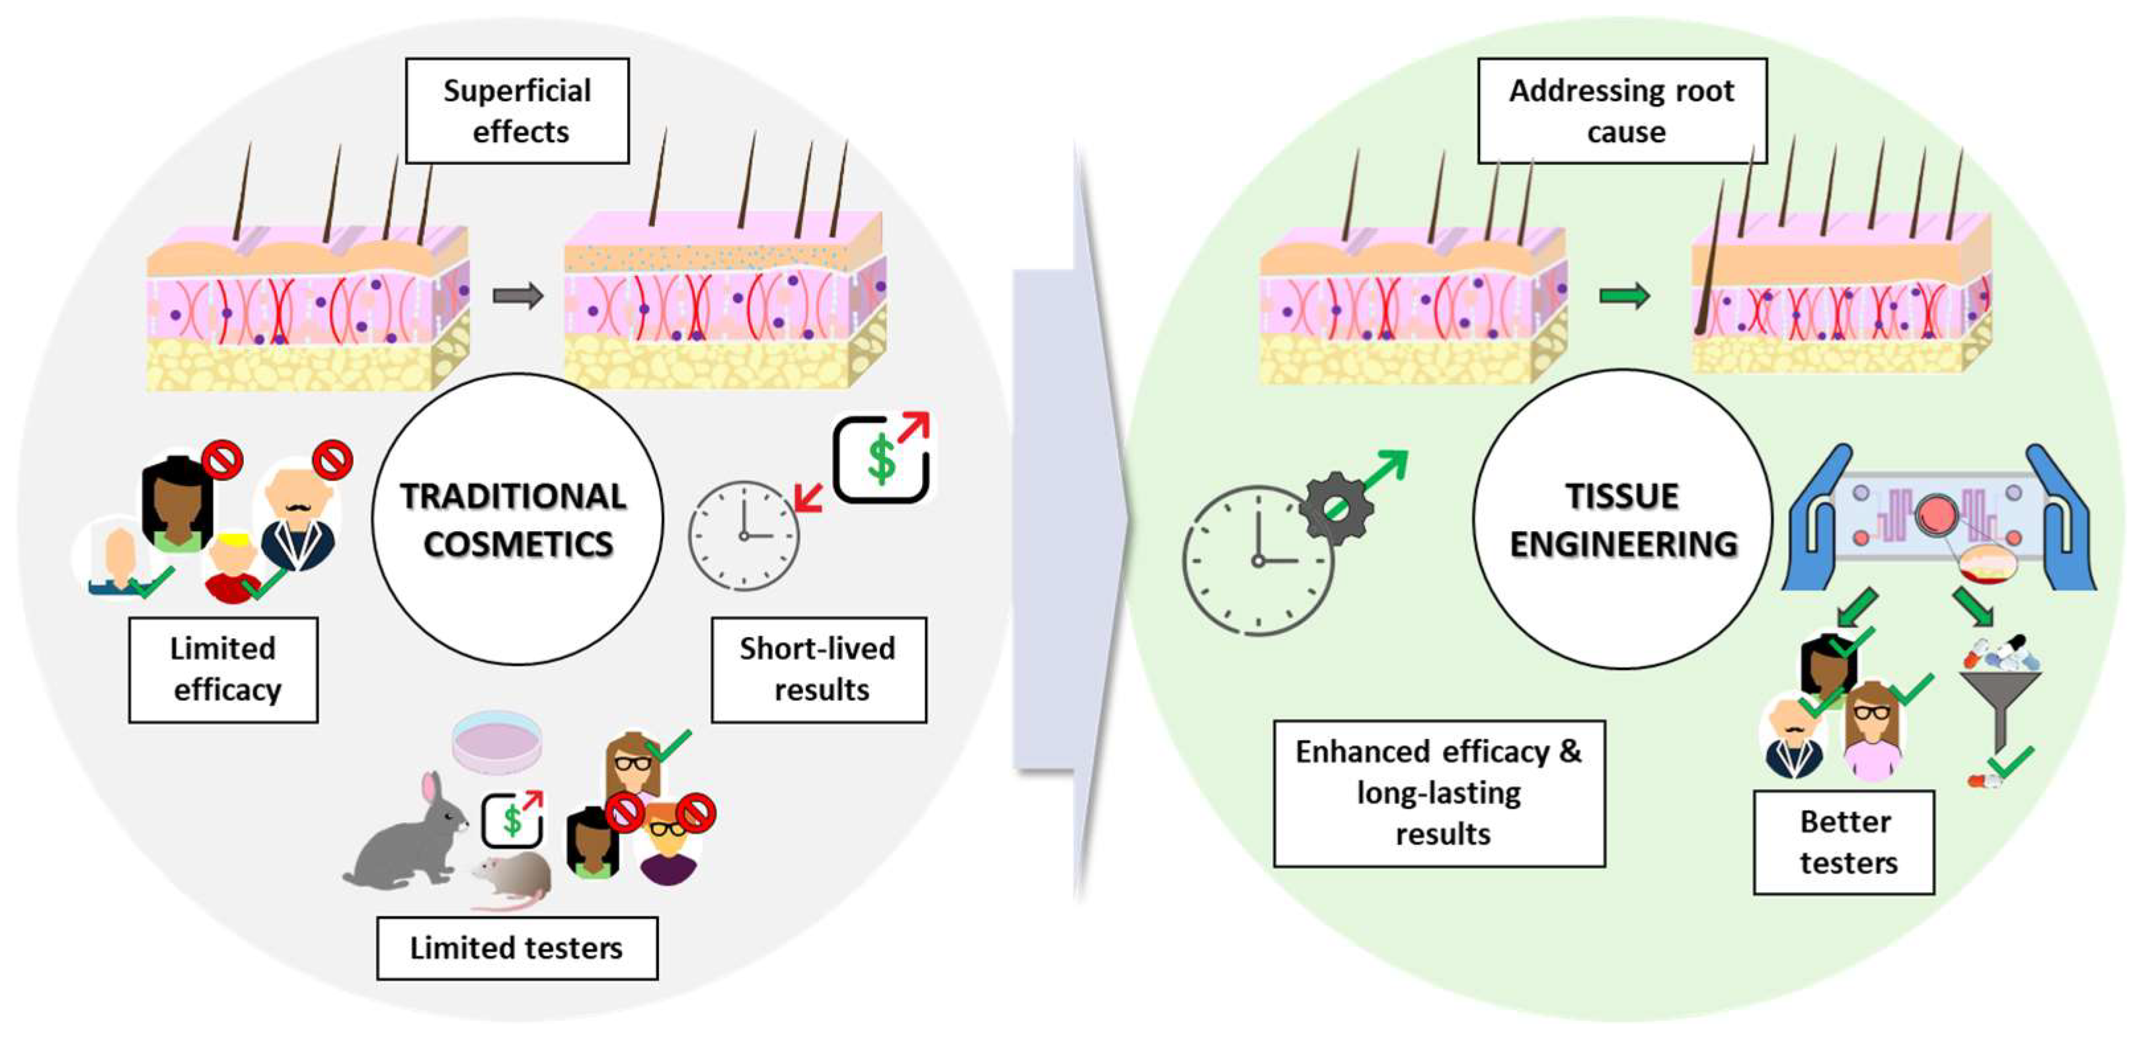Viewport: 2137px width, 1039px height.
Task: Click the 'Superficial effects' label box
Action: tap(517, 110)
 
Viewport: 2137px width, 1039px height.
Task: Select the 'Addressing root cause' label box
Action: tap(1622, 110)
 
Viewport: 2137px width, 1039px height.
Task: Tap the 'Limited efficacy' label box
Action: tap(223, 669)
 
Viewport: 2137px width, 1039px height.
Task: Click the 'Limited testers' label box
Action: tap(517, 948)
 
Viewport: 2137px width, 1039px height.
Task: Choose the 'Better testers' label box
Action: tap(1844, 841)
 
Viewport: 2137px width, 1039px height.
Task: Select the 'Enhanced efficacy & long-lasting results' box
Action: tap(1440, 792)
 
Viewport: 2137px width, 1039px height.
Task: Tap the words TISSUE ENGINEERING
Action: tap(1623, 520)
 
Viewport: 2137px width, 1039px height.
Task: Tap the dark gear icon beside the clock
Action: tap(1337, 508)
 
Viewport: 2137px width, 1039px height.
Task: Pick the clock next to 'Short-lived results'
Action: tap(744, 535)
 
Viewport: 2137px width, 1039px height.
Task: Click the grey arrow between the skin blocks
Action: tap(518, 296)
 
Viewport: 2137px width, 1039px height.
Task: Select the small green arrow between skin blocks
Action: tap(1624, 296)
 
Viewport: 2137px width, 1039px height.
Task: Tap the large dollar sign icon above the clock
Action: tap(881, 458)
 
